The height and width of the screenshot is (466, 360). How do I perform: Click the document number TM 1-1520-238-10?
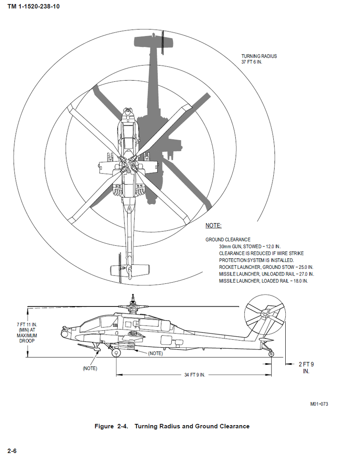coord(33,7)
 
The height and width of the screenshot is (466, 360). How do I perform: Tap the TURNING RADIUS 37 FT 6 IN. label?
coord(259,59)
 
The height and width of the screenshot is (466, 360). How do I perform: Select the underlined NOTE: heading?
coord(213,225)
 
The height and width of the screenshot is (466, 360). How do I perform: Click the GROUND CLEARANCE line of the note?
coord(228,240)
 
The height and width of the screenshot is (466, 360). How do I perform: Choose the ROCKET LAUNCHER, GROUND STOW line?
coord(266,267)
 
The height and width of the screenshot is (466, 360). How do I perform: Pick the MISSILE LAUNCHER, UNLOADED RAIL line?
coord(266,274)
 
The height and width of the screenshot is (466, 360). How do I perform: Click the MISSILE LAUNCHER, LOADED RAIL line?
coord(263,281)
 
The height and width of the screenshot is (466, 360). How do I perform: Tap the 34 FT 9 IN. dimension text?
coord(195,375)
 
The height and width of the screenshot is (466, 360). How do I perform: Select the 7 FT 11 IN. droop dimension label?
coord(27,333)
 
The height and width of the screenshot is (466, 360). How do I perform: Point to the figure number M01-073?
coord(319,404)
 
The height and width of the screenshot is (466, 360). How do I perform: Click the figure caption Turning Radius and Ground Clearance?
coord(172,426)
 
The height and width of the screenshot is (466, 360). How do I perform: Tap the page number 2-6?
coord(12,451)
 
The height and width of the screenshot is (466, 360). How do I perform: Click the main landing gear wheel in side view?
coord(116,352)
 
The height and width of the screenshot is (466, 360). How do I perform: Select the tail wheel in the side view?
coord(271,354)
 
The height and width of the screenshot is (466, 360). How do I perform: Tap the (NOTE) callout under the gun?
coord(90,368)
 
